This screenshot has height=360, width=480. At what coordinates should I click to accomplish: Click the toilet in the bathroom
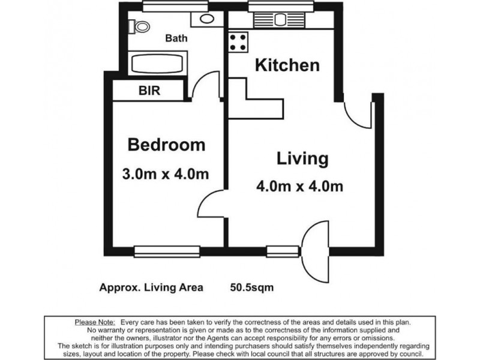140,26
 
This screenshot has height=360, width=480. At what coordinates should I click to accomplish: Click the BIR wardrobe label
150,91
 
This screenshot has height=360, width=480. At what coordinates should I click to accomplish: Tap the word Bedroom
166,145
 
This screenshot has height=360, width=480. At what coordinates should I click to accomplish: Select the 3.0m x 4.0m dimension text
165,175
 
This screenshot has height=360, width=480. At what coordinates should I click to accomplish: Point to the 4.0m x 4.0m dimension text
300,187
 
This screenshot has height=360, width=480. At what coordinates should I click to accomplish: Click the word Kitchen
287,65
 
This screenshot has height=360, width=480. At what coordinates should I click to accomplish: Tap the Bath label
176,38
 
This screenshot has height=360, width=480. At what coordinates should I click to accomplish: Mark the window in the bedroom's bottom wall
166,251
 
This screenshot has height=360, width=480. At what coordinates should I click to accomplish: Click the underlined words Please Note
95,322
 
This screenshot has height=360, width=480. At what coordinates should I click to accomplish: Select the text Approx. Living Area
151,287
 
